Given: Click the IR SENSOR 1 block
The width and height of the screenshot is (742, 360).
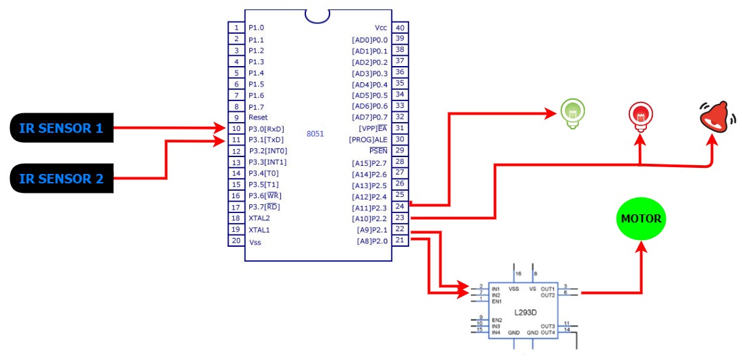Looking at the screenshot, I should click(x=61, y=127).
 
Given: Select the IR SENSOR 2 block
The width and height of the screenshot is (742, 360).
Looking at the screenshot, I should click(x=61, y=179).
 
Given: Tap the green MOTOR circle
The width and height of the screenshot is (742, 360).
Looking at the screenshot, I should click(x=641, y=219).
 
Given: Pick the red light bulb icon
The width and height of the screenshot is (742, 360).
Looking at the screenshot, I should click(x=639, y=115).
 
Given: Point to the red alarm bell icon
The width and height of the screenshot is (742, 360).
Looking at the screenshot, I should click(x=715, y=116).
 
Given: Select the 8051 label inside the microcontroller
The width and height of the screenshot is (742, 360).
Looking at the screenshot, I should click(x=315, y=133).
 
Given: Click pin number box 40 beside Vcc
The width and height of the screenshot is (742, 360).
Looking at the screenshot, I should click(x=400, y=28).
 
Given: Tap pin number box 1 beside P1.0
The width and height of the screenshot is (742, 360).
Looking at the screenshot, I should click(x=237, y=28).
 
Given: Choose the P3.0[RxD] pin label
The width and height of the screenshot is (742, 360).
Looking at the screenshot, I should click(x=266, y=129).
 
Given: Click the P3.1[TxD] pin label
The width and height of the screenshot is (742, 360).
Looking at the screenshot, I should click(x=266, y=140).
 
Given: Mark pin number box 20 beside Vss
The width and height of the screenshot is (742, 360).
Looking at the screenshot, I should click(x=237, y=241).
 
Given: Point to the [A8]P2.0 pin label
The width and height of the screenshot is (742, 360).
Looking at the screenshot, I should click(x=373, y=241).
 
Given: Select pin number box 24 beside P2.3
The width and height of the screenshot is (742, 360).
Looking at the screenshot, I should click(x=400, y=206).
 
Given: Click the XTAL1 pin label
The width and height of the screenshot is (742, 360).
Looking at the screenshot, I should click(x=259, y=229).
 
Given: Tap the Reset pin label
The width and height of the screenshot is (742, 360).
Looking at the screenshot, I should click(x=258, y=117).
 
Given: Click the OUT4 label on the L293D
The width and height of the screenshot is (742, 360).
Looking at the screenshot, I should click(x=547, y=332).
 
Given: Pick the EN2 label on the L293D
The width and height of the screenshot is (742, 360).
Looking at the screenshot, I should click(x=497, y=320).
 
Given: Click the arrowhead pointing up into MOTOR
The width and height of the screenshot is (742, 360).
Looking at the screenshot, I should click(x=641, y=247).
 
